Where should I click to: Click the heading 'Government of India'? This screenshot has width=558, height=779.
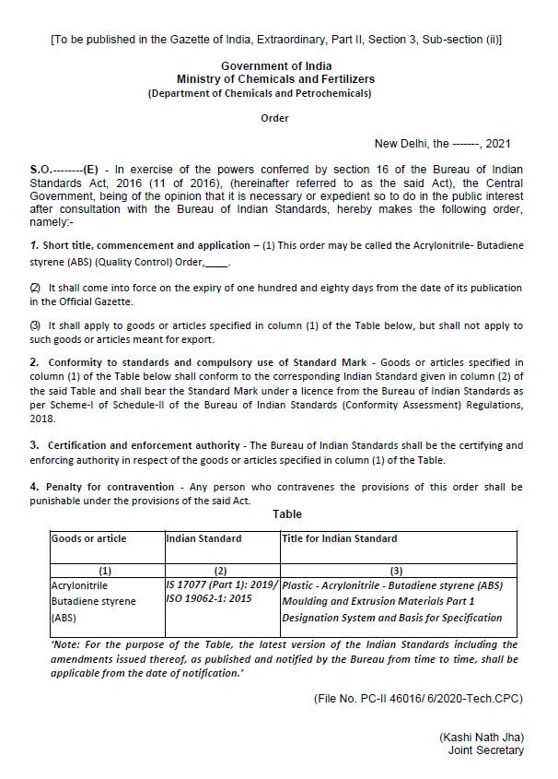(276, 66)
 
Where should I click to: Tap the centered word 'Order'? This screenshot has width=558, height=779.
(274, 118)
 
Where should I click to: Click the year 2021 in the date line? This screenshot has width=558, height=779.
(497, 144)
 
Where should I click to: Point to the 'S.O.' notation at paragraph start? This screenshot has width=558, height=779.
(42, 171)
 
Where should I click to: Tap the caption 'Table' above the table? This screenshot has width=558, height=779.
(287, 514)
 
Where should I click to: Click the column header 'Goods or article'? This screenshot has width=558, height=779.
(89, 538)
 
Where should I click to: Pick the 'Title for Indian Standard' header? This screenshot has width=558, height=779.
(340, 538)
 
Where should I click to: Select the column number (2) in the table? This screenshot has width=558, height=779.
(220, 571)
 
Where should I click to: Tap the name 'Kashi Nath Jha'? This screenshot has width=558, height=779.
(481, 738)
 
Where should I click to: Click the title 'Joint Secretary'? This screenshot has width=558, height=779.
(485, 750)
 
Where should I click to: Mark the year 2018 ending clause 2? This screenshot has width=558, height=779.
(42, 418)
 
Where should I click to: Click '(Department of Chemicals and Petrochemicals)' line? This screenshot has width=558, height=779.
(261, 94)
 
